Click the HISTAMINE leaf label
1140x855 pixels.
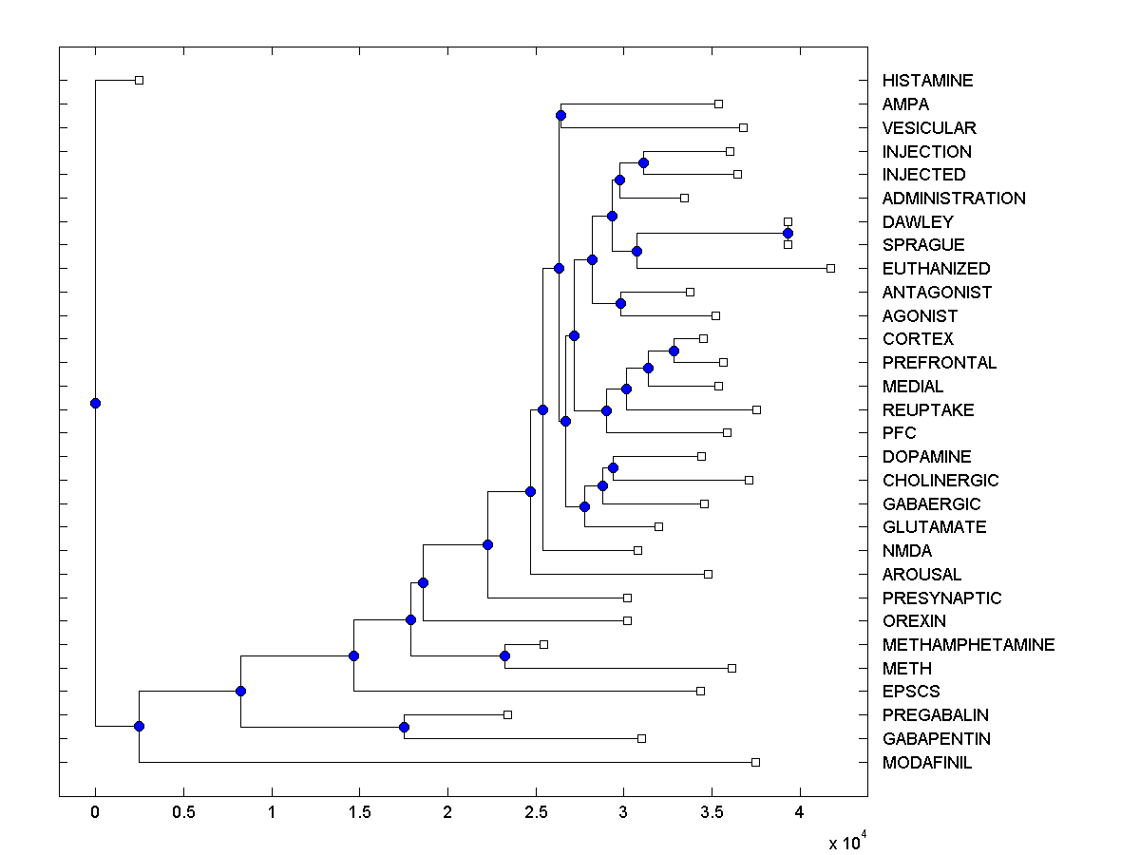(x=927, y=81)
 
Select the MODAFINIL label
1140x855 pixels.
(x=926, y=763)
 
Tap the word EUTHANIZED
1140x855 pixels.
(x=936, y=269)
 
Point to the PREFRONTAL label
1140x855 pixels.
(x=939, y=363)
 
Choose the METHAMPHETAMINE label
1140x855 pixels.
(x=968, y=645)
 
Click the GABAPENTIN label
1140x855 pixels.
(x=936, y=739)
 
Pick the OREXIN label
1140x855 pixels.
(x=913, y=621)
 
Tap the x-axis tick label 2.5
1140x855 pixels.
(x=536, y=812)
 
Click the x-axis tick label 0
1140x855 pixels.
(x=95, y=812)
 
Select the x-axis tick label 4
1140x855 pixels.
(x=800, y=812)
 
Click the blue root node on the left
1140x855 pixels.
(x=95, y=403)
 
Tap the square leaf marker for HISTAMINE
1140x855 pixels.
(x=139, y=80)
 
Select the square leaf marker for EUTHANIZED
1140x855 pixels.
(x=830, y=268)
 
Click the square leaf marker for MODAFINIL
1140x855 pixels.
(x=755, y=762)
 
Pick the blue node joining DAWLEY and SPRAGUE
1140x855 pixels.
(x=788, y=233)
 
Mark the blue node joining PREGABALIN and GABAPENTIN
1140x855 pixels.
(x=404, y=727)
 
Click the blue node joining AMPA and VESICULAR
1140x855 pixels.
(x=560, y=115)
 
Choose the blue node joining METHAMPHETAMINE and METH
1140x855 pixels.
(x=504, y=655)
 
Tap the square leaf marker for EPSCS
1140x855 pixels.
(x=700, y=691)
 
